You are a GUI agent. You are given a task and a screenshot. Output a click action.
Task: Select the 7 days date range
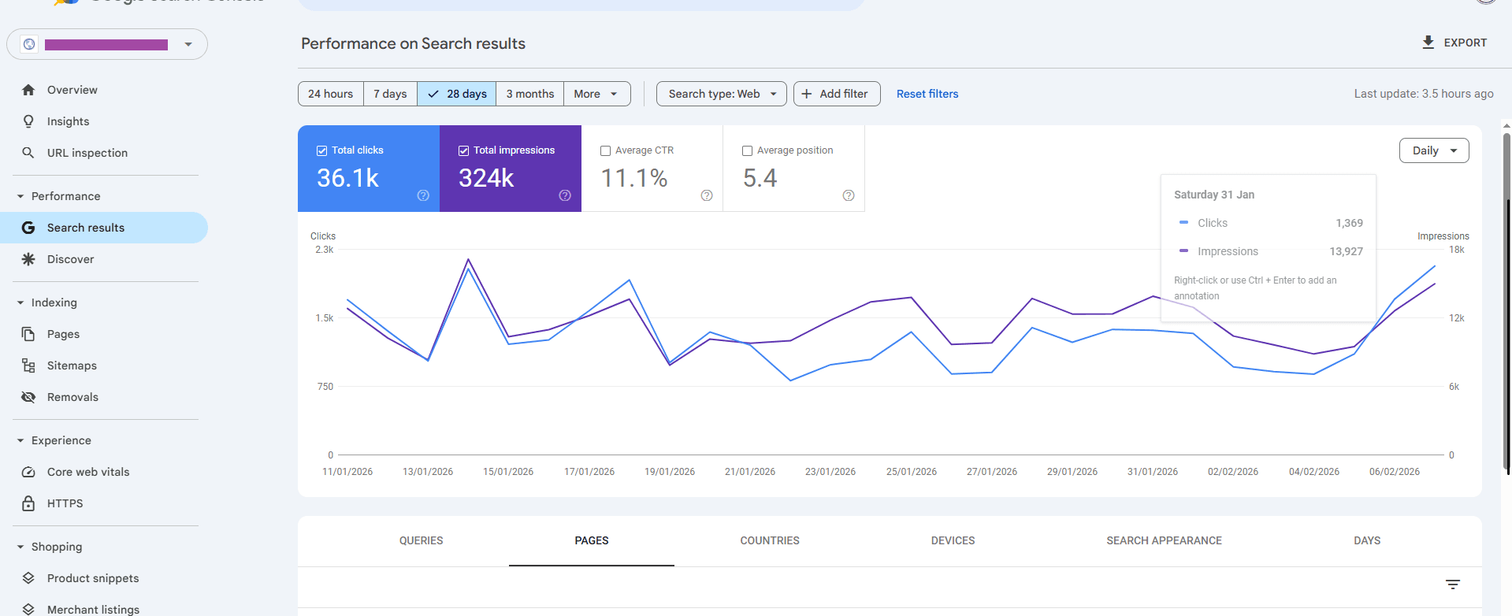click(x=390, y=94)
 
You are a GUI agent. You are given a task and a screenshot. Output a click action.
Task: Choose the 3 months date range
click(x=529, y=94)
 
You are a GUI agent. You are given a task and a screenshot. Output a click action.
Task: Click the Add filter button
click(x=836, y=94)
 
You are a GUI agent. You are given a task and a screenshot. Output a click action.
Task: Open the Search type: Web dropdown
click(x=721, y=94)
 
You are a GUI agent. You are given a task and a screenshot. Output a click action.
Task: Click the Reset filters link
click(x=927, y=94)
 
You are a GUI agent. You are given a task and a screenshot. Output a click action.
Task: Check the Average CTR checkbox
click(x=606, y=150)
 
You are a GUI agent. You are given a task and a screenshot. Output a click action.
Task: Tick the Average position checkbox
click(x=748, y=150)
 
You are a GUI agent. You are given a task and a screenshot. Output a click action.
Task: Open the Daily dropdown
click(x=1433, y=150)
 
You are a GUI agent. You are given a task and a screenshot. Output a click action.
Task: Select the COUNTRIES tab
click(x=770, y=540)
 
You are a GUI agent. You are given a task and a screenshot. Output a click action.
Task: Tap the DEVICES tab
click(x=953, y=540)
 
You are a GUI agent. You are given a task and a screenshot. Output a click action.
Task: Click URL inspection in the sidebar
click(x=87, y=153)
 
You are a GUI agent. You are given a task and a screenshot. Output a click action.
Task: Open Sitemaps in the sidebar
click(x=72, y=366)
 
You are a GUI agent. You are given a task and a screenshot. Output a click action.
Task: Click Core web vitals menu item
click(x=88, y=472)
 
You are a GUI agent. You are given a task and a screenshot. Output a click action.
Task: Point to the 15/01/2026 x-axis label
click(x=508, y=472)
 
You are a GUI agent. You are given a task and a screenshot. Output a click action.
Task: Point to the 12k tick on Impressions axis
click(x=1456, y=318)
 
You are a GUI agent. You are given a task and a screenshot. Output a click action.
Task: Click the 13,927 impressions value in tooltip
click(x=1346, y=251)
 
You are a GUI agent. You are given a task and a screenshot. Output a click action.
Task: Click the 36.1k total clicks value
click(x=347, y=179)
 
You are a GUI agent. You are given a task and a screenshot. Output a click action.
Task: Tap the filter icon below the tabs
click(x=1453, y=584)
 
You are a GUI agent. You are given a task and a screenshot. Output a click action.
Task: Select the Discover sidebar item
click(x=70, y=259)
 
